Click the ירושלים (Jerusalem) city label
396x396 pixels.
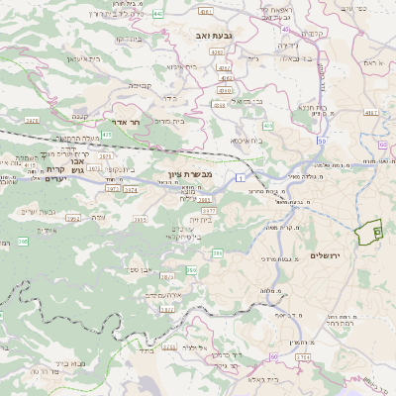click(325, 256)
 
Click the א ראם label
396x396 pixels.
click(364, 62)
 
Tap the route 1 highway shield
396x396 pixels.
click(240, 176)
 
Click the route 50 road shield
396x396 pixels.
click(322, 142)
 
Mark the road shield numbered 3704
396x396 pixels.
click(302, 356)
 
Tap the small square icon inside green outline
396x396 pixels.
click(377, 231)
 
